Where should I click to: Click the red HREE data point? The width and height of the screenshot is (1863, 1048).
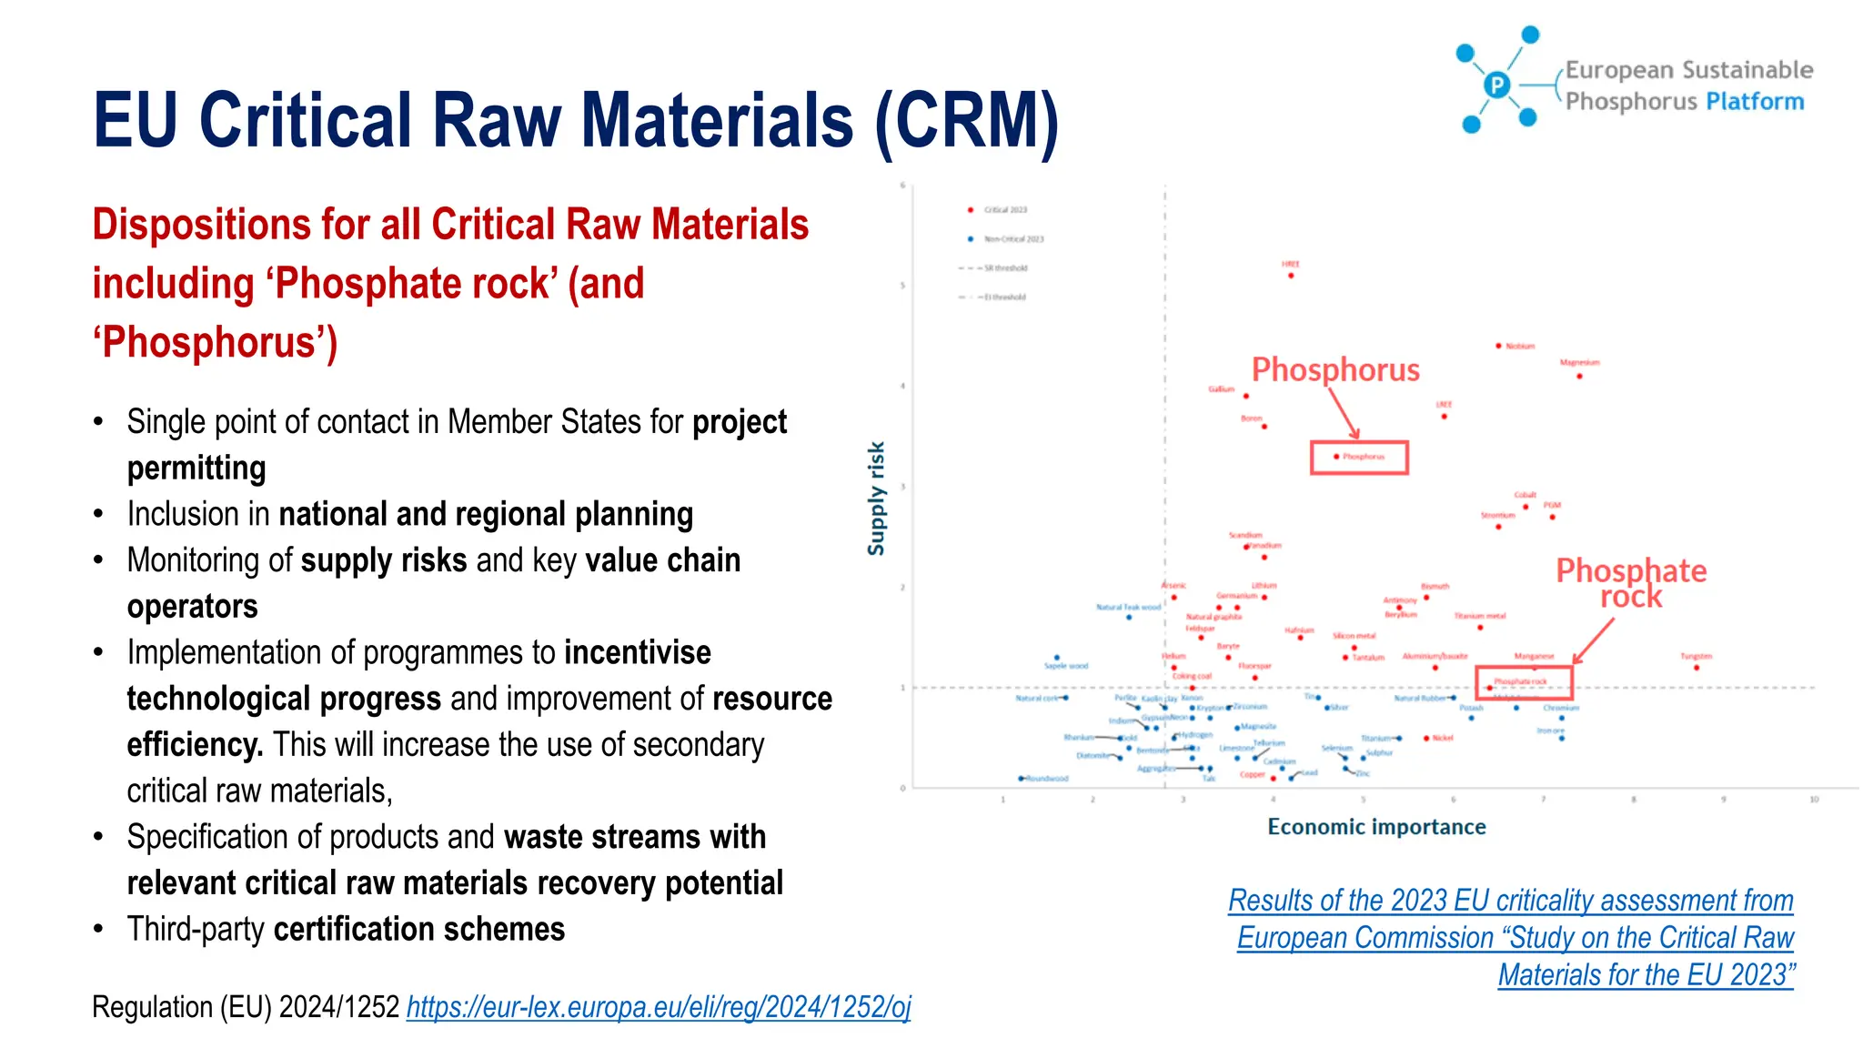coord(1290,275)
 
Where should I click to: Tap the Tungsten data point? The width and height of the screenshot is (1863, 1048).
coord(1697,667)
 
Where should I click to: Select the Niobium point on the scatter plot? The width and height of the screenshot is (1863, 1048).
coord(1498,346)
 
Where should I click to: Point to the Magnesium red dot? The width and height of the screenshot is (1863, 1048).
coord(1579,375)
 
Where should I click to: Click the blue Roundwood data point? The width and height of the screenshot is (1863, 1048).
coord(1022,778)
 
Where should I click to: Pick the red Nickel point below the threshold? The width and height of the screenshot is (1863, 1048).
coord(1426,738)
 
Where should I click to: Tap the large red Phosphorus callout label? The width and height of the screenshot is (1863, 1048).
coord(1334,369)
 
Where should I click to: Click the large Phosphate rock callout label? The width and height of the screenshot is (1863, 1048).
coord(1630,582)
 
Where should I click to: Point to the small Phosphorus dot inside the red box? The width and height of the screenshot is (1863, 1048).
coord(1335,456)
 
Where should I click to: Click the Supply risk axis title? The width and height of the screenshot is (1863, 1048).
coord(876,498)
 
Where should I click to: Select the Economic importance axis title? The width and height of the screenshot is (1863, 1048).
coord(1375,826)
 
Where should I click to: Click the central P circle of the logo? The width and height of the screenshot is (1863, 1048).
coord(1496,85)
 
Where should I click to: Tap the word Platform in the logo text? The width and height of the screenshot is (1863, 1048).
coord(1754,101)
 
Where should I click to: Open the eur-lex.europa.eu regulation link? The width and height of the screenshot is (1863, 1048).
coord(658,1006)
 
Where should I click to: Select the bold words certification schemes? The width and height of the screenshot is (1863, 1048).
coord(418,929)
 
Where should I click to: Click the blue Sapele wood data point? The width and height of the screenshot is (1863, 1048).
coord(1056,657)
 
